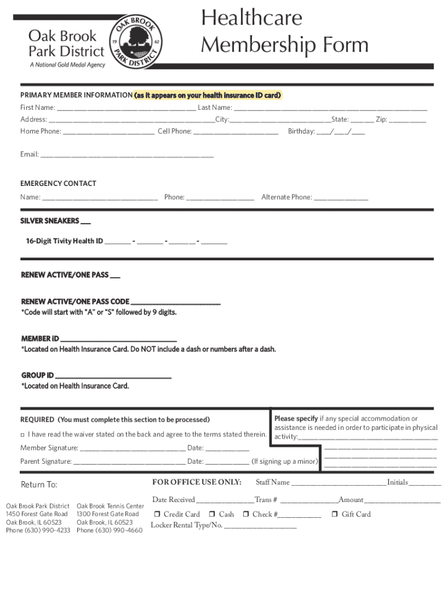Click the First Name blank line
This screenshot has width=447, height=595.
click(126, 108)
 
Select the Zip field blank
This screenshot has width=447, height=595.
click(408, 120)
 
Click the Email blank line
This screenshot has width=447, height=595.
click(127, 155)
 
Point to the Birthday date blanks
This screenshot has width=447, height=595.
click(341, 132)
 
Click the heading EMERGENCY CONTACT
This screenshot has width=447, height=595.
click(58, 184)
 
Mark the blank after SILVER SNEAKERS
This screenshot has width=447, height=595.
click(85, 222)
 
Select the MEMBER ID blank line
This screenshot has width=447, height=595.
click(118, 339)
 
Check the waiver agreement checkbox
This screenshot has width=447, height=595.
click(23, 435)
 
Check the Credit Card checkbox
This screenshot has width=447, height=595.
click(157, 514)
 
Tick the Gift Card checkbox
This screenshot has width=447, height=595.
click(335, 514)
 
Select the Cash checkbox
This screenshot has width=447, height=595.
click(212, 514)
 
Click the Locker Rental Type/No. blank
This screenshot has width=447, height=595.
click(260, 526)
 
